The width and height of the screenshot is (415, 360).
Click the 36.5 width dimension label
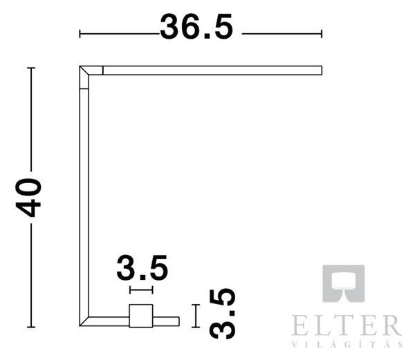[196, 26]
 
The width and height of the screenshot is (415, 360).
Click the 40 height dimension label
[28, 198]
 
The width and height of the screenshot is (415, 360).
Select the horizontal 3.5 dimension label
[142, 267]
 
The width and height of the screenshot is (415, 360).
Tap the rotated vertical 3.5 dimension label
[222, 314]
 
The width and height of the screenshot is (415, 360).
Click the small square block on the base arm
[141, 316]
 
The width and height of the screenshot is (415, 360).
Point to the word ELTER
[347, 325]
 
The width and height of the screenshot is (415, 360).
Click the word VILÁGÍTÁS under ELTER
[347, 345]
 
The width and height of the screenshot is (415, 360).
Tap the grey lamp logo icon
[344, 283]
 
